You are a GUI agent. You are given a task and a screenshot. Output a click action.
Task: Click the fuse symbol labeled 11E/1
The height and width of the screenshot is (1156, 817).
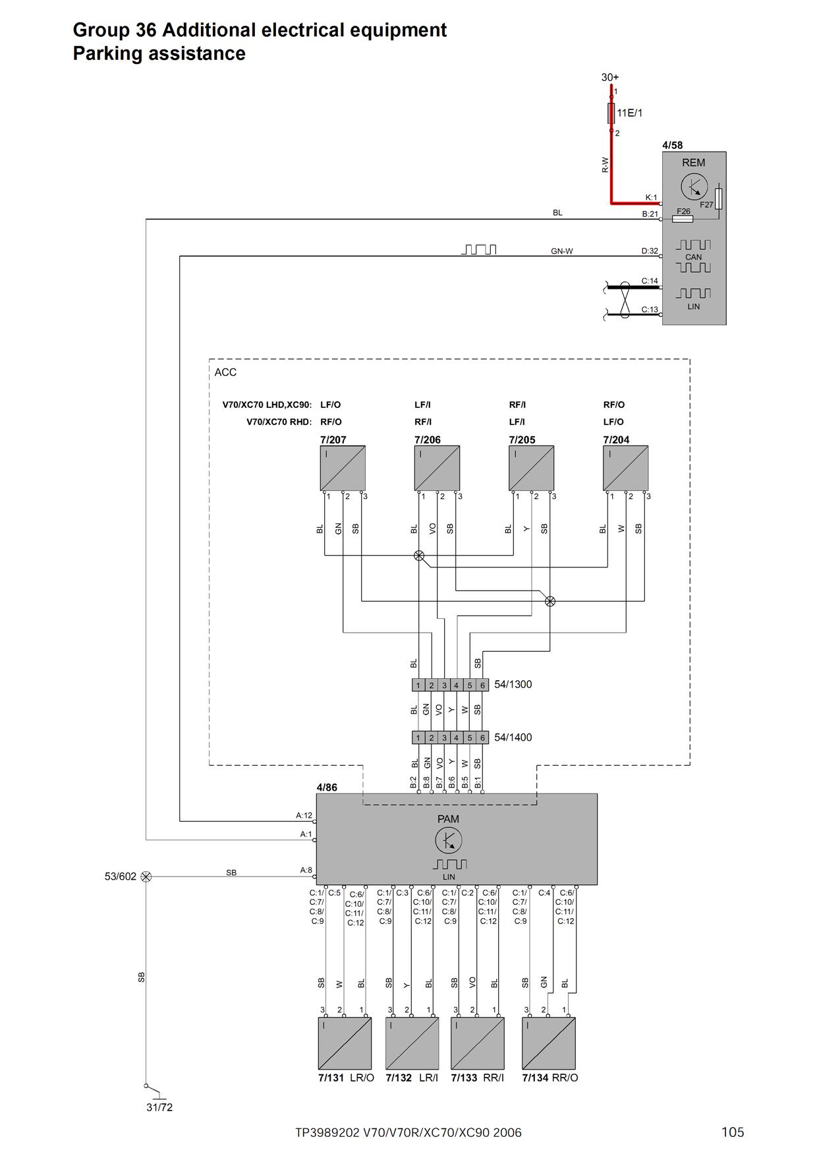pos(611,113)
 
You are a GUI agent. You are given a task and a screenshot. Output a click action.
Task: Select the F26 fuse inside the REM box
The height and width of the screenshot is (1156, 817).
pos(683,218)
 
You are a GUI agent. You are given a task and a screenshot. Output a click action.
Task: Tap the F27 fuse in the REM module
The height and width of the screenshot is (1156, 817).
pos(718,198)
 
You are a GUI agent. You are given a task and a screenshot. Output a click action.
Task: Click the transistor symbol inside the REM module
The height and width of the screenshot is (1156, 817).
pos(694,187)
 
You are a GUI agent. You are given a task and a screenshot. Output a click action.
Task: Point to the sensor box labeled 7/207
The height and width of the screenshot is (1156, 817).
pos(343,468)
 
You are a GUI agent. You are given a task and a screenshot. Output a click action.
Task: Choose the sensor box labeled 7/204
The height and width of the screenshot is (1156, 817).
pos(625,468)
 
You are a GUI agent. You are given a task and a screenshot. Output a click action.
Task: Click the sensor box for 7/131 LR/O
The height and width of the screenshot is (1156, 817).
pos(345,1043)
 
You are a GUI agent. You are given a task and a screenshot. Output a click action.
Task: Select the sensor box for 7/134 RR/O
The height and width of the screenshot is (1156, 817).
pos(548,1043)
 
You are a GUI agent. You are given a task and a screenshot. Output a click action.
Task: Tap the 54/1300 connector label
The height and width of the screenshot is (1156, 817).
pos(513,684)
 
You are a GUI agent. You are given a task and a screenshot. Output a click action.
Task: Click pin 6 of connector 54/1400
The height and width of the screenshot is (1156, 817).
pos(482,737)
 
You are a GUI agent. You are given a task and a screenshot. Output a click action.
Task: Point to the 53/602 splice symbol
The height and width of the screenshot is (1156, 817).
pos(146,877)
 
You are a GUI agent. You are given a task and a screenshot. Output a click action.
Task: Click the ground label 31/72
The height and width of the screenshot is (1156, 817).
pos(159,1107)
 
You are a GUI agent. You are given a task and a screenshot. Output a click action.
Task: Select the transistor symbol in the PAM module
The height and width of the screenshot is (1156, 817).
pos(449,840)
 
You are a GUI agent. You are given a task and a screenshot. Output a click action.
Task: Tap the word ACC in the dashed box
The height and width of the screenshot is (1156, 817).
pos(225,372)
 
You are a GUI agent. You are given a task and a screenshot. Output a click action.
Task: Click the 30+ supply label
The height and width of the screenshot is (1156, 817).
pos(609,77)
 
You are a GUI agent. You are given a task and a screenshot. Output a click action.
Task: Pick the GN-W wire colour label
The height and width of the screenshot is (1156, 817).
pos(561,251)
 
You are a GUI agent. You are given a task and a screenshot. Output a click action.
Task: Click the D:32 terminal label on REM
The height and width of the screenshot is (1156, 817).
pos(650,251)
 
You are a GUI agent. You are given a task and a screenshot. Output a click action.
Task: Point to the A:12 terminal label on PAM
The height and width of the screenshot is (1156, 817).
pos(304,815)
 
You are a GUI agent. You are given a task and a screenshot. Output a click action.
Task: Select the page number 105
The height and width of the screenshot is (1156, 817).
pos(733,1132)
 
